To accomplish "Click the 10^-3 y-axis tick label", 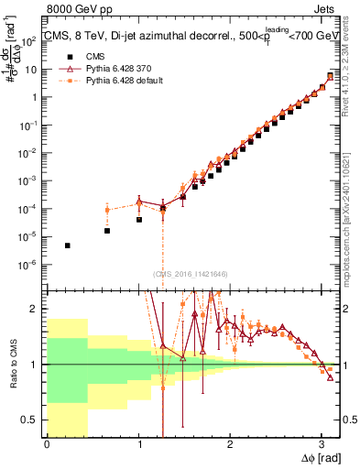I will tap(31, 181).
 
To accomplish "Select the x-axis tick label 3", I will tap(321, 443).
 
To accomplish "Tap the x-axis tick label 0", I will tap(47, 443).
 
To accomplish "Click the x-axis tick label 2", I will tap(230, 443).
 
